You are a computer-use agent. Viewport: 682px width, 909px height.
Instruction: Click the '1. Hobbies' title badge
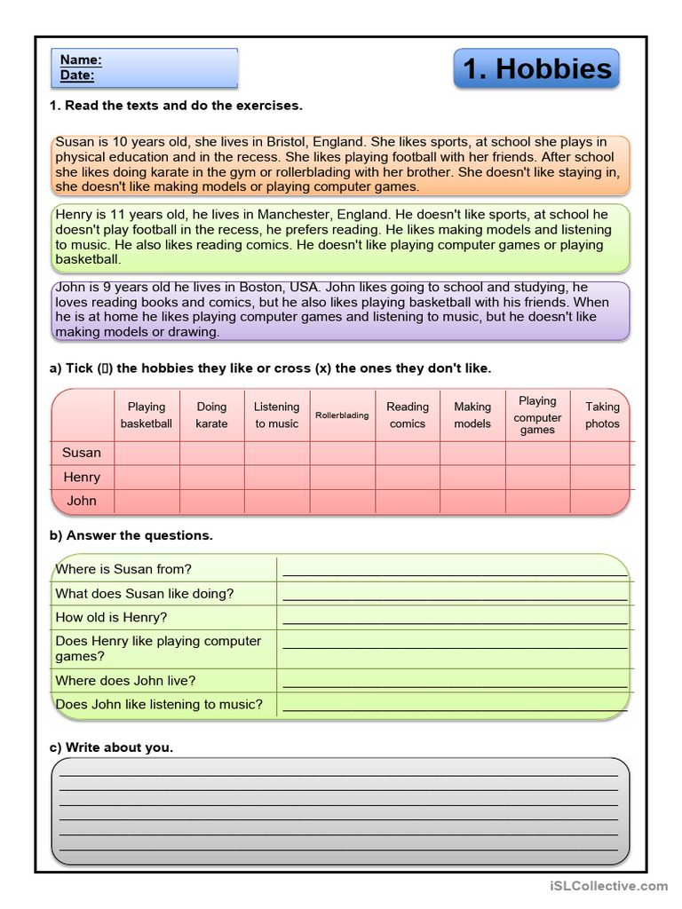pyautogui.click(x=536, y=69)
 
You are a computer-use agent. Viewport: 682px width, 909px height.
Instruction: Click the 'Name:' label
pyautogui.click(x=81, y=60)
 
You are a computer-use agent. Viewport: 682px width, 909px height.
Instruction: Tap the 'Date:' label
pyautogui.click(x=77, y=75)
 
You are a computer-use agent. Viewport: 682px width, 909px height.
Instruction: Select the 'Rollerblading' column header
pyautogui.click(x=342, y=415)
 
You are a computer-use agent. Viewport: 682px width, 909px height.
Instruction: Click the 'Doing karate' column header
pyautogui.click(x=211, y=415)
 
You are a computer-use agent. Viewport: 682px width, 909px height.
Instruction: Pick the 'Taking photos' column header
pyautogui.click(x=602, y=415)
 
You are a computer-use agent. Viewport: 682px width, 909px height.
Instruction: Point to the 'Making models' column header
pyautogui.click(x=472, y=415)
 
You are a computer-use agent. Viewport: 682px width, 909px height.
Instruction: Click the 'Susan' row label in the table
pyautogui.click(x=82, y=453)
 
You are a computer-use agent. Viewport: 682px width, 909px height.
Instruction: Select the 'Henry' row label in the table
pyautogui.click(x=82, y=477)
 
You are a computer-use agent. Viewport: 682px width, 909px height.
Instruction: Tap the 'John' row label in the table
pyautogui.click(x=82, y=501)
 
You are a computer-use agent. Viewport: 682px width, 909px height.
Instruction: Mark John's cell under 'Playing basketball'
pyautogui.click(x=147, y=501)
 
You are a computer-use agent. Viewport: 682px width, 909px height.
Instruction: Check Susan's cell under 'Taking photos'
pyautogui.click(x=602, y=453)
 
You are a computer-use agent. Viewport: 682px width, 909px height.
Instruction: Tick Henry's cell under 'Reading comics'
pyautogui.click(x=408, y=477)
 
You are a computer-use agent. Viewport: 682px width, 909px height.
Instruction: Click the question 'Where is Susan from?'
pyautogui.click(x=123, y=569)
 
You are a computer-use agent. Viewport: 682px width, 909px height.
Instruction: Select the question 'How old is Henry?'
pyautogui.click(x=111, y=617)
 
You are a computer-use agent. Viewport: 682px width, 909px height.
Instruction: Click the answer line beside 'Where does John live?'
pyautogui.click(x=455, y=684)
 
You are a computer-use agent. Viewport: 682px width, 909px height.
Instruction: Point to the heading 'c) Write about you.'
pyautogui.click(x=111, y=747)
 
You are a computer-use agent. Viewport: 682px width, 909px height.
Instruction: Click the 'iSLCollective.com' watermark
pyautogui.click(x=608, y=886)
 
